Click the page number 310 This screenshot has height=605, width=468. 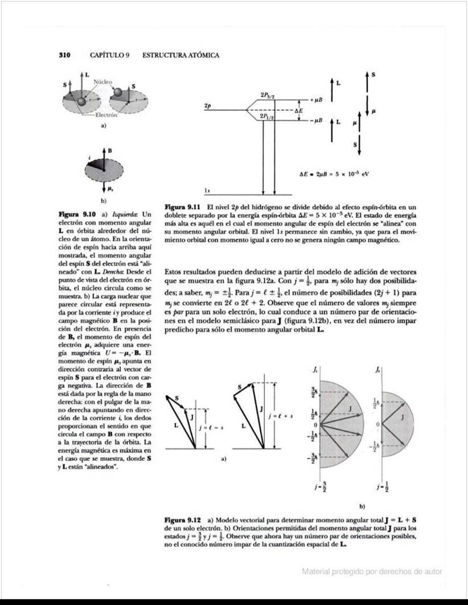[x=64, y=55]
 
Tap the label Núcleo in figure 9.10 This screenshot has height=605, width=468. [x=104, y=81]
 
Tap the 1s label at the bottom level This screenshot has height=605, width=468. [x=209, y=189]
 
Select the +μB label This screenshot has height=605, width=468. [x=316, y=99]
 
